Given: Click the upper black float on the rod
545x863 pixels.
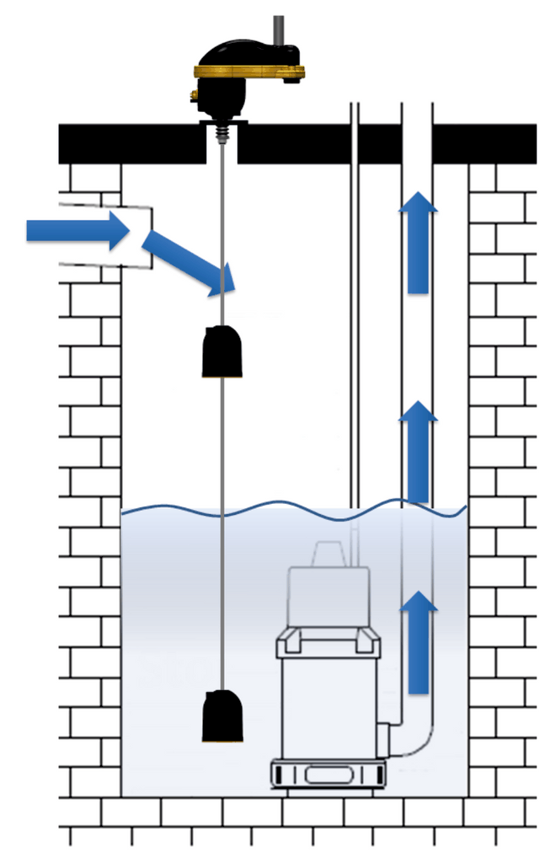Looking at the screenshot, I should pyautogui.click(x=222, y=351).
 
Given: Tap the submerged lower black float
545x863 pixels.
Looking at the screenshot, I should pyautogui.click(x=222, y=716).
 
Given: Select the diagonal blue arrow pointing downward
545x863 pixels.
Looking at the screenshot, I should pyautogui.click(x=189, y=264).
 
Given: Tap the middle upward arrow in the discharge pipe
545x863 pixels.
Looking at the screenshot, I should pyautogui.click(x=418, y=451).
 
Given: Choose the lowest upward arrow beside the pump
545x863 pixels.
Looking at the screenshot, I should pyautogui.click(x=418, y=641).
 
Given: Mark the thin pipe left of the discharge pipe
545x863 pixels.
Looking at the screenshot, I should pyautogui.click(x=355, y=295).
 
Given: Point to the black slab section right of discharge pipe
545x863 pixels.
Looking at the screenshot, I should pyautogui.click(x=484, y=143).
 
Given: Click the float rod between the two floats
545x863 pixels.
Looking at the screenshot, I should pyautogui.click(x=222, y=523).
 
